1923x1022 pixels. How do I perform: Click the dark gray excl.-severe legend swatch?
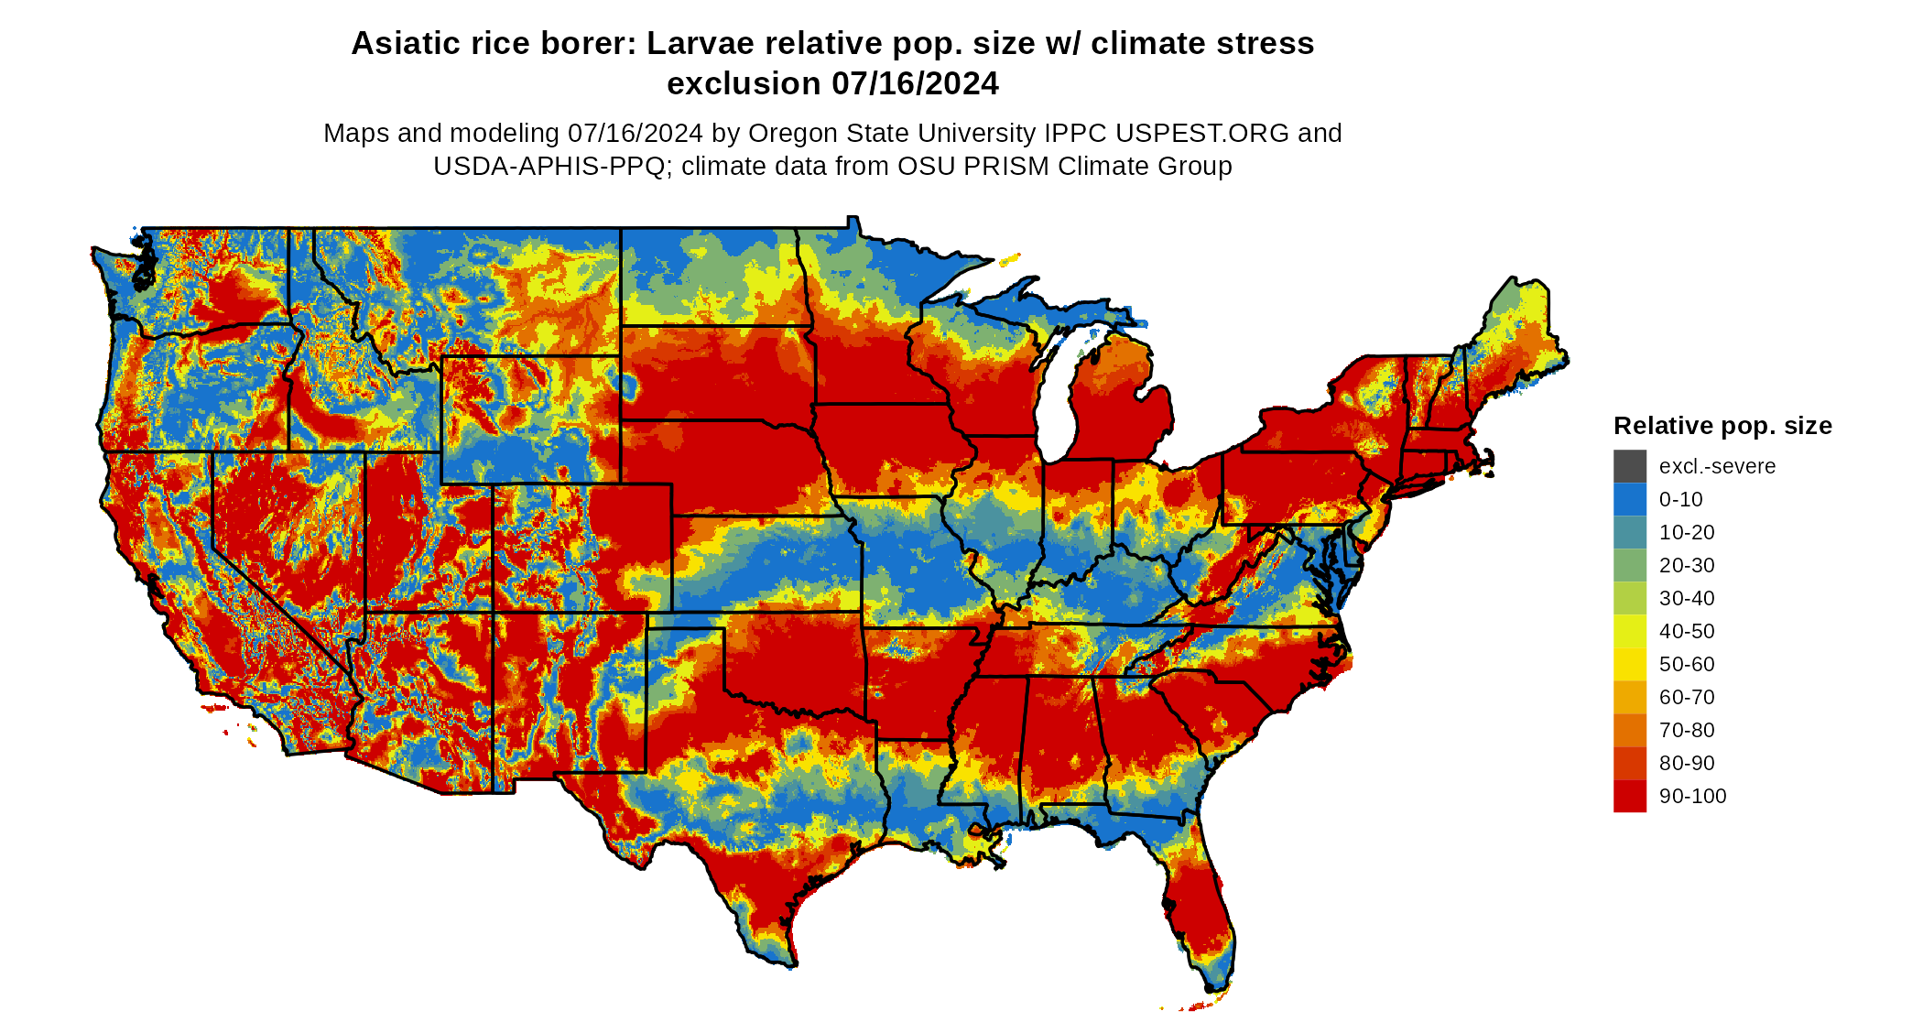coord(1629,466)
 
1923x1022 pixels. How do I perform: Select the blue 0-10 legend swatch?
coord(1629,499)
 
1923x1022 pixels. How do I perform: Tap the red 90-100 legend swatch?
coord(1629,796)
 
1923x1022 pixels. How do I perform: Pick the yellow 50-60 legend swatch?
coord(1629,664)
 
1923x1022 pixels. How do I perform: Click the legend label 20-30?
coord(1686,565)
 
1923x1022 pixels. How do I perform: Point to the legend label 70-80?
coord(1686,730)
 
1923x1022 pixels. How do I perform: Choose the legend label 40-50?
coord(1686,631)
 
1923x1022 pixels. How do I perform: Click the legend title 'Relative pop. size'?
coord(1722,426)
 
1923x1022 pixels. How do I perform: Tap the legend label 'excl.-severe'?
coord(1716,466)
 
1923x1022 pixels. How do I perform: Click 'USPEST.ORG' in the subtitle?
coord(1201,133)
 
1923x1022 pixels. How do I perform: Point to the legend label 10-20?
coord(1686,532)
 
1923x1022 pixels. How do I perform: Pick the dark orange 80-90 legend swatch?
coord(1629,763)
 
